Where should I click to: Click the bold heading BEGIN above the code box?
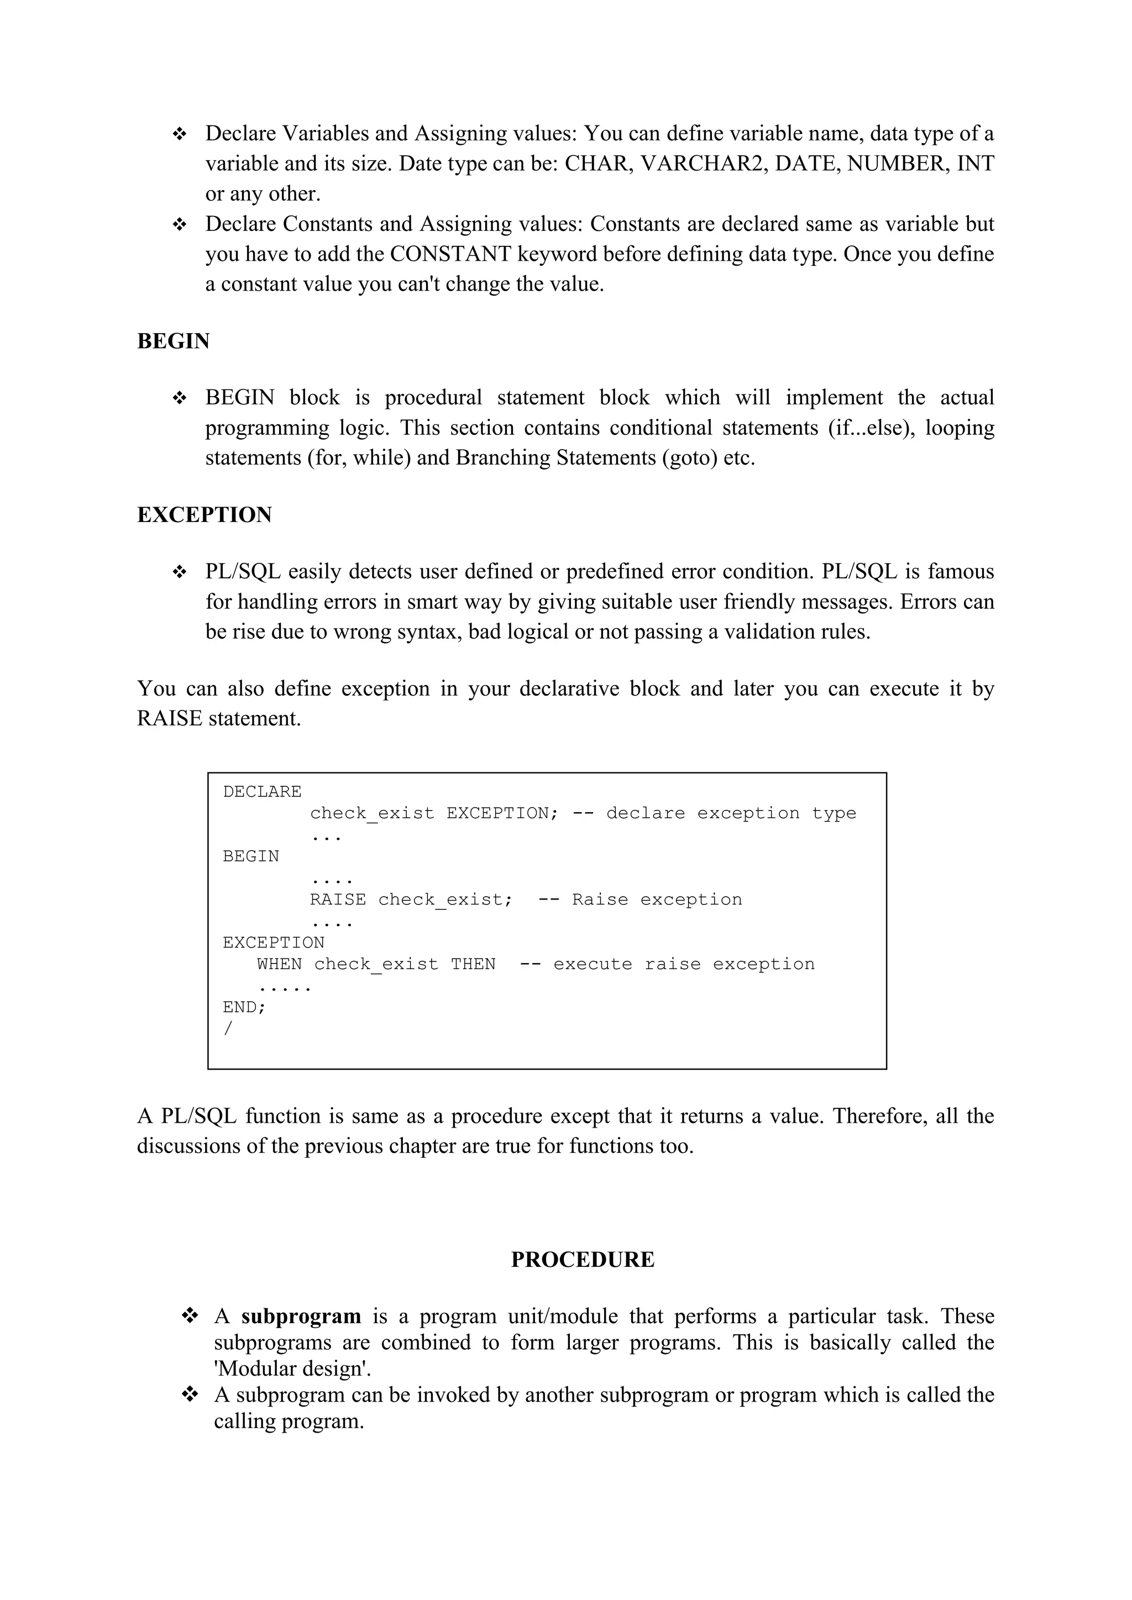pos(173,341)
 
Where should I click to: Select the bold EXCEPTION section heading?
pos(204,515)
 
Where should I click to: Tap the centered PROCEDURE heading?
pos(582,1260)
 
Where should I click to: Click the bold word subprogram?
pos(301,1317)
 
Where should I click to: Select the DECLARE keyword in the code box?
pos(262,792)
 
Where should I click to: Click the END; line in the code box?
pos(244,1007)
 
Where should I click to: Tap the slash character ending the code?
pos(227,1029)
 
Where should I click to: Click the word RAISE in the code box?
pos(337,899)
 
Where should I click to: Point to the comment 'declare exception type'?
pos(731,813)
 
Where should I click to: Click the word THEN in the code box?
pos(473,965)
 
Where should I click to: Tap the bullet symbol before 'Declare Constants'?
pos(179,224)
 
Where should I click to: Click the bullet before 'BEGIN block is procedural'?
pos(179,398)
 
